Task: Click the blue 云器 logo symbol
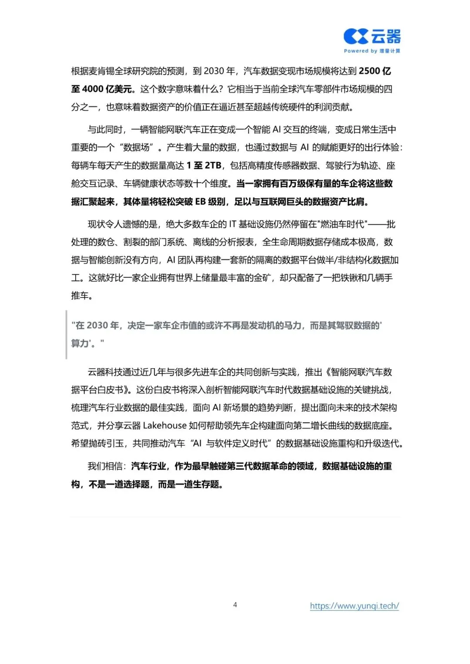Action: coord(356,37)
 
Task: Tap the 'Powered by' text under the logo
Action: coord(360,51)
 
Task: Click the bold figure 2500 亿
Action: coord(375,71)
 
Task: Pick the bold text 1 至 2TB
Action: coord(204,165)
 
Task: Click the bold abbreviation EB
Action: coord(200,201)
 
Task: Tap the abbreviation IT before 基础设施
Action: coord(232,224)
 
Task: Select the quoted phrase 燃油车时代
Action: coord(342,224)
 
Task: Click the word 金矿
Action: coord(262,277)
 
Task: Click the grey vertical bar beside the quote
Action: coord(66,334)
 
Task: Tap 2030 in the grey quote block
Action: coord(97,325)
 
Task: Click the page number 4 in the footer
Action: coord(235,604)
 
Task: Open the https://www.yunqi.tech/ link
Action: coord(354,606)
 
